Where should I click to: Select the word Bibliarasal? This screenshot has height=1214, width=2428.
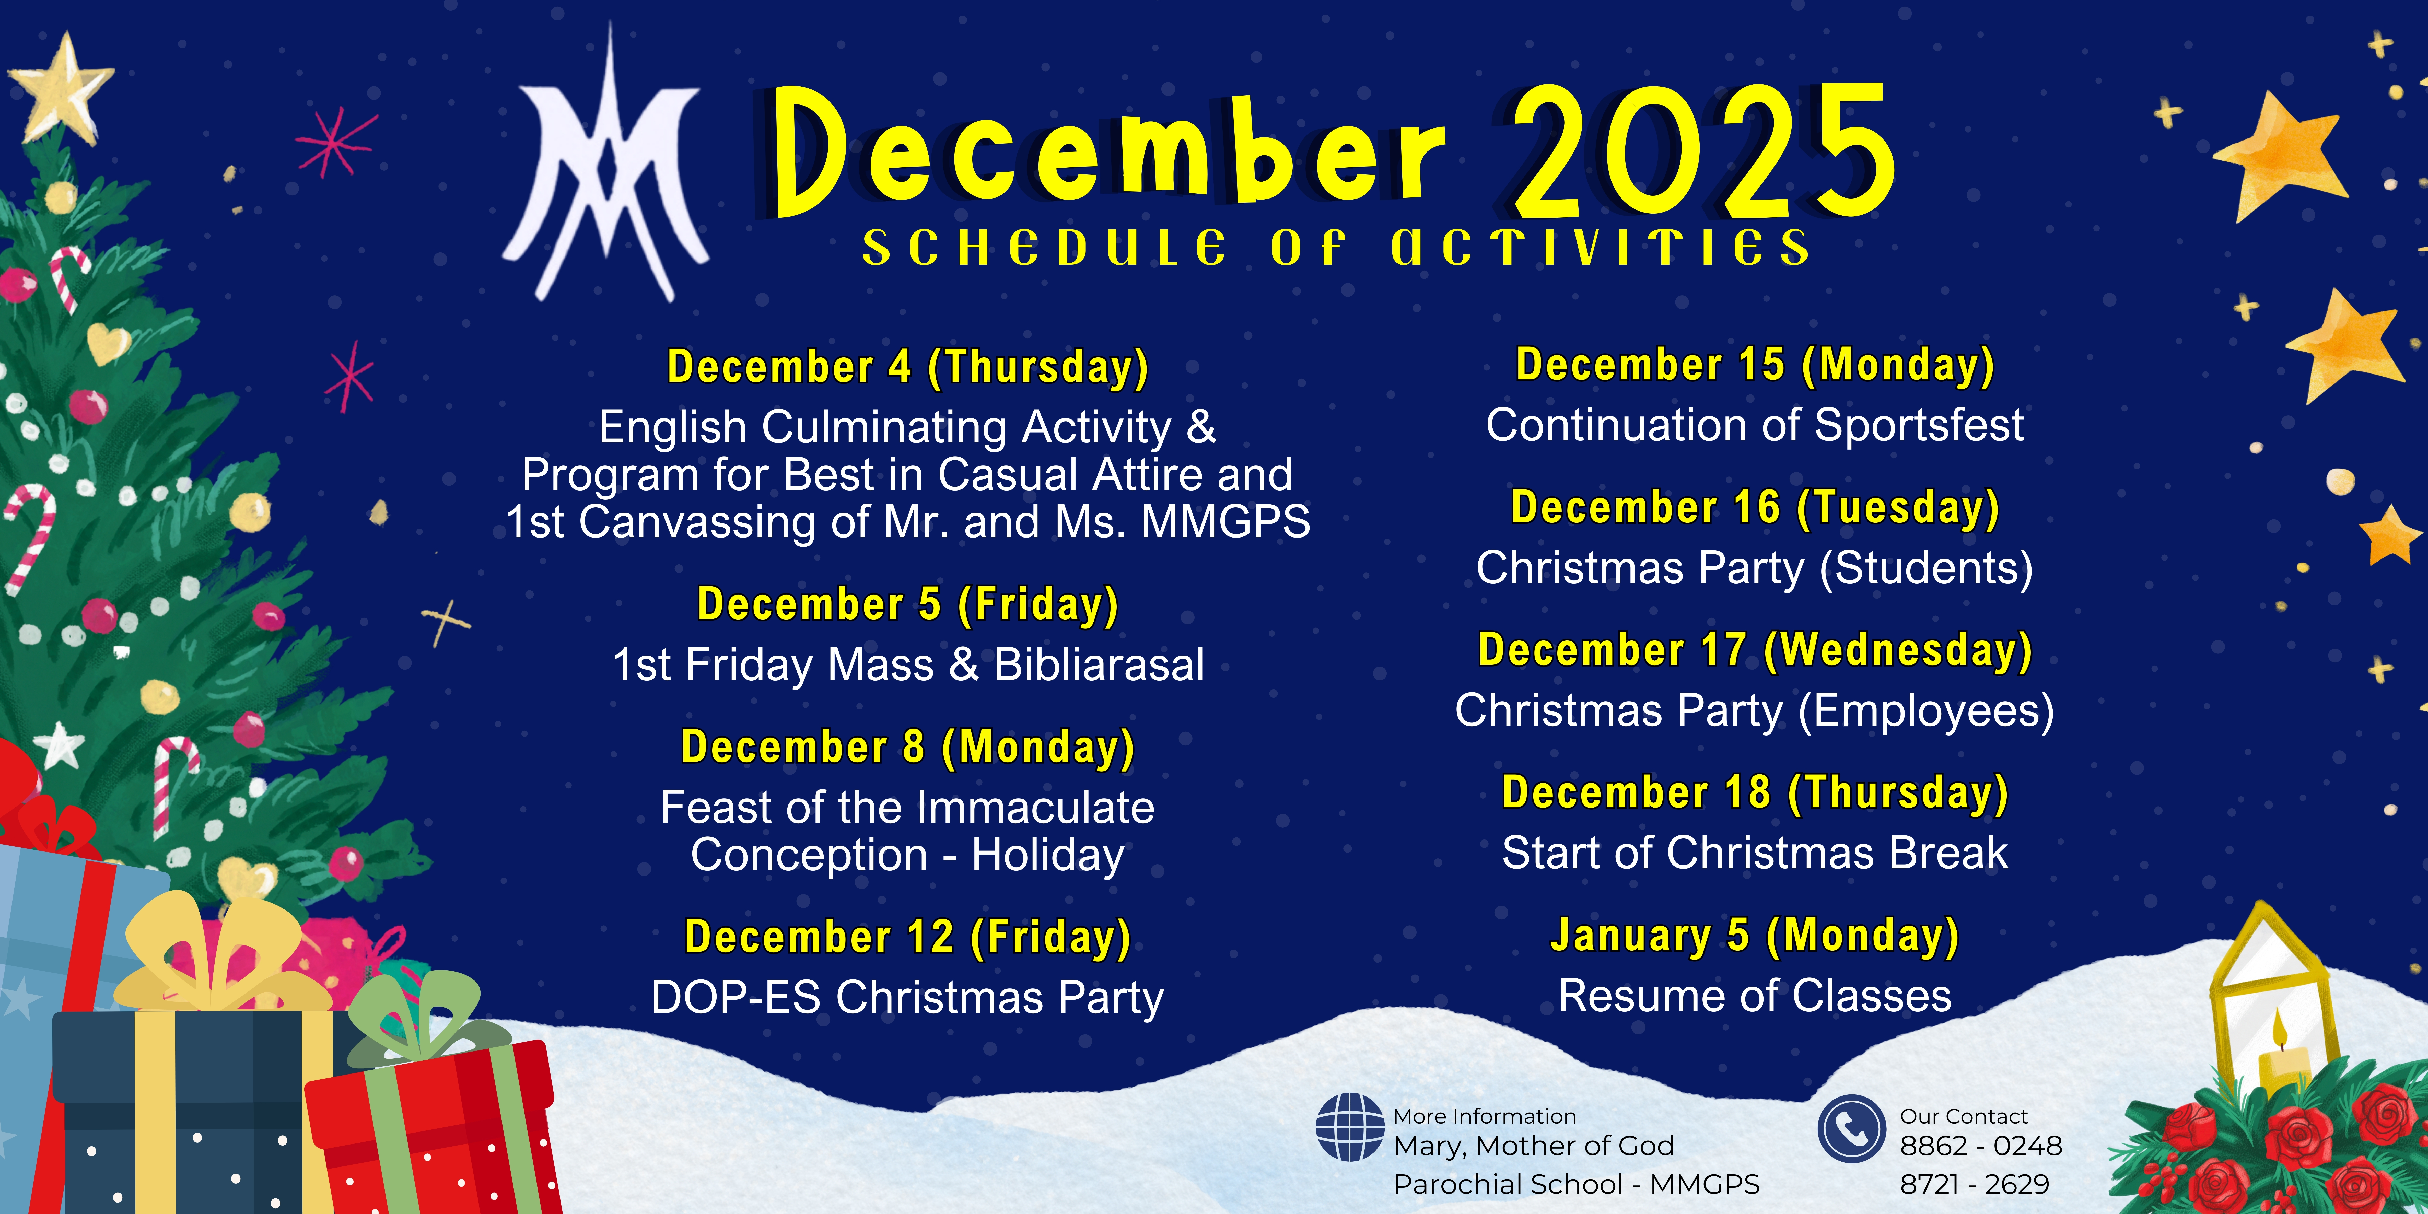point(1099,664)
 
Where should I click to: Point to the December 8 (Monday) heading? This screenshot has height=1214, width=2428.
point(908,748)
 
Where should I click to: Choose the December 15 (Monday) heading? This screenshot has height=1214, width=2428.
point(1755,365)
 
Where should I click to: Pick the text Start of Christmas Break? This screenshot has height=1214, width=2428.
point(1755,853)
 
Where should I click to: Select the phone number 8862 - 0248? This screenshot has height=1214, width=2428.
point(1980,1146)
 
